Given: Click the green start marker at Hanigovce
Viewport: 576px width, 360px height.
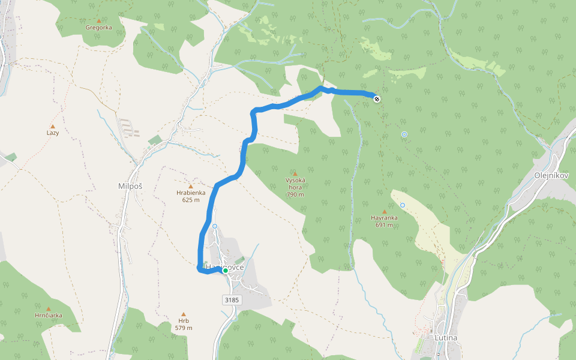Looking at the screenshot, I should [226, 271].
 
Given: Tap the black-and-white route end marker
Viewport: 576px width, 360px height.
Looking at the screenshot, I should [376, 99].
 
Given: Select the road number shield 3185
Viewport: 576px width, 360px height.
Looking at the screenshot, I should [232, 299].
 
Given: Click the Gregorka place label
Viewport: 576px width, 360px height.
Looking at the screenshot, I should [99, 28].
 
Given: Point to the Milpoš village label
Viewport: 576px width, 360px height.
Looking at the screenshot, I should [131, 187].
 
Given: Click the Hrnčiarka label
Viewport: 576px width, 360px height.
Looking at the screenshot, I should [49, 316].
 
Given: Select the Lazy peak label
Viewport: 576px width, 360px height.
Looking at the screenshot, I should [53, 133].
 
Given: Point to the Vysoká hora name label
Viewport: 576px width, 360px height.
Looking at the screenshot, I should [295, 184].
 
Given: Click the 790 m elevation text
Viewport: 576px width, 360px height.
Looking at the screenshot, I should [295, 194].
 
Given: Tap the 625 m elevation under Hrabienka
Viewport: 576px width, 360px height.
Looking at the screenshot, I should [191, 200].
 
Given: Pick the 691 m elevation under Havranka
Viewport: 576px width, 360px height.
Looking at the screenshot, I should [385, 226].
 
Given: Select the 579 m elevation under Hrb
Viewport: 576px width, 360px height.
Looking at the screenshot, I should [184, 328].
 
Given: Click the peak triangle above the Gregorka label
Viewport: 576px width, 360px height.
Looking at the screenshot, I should [99, 20].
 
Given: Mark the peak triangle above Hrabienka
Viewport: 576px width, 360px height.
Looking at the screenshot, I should [191, 186].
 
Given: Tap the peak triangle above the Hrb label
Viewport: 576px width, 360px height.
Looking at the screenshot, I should [184, 314].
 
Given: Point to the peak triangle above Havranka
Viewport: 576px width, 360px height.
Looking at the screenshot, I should [385, 211].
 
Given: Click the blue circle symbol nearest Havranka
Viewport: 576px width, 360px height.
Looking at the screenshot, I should [403, 205].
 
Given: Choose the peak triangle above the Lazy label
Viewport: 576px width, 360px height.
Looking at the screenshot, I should [53, 126].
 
